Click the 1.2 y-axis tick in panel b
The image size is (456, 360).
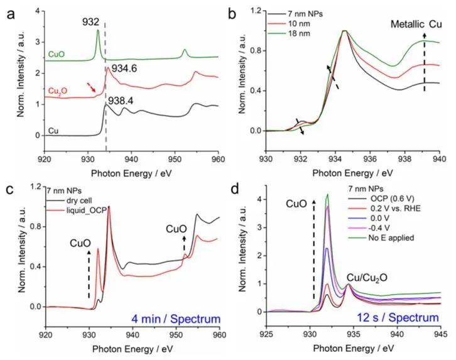256,11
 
